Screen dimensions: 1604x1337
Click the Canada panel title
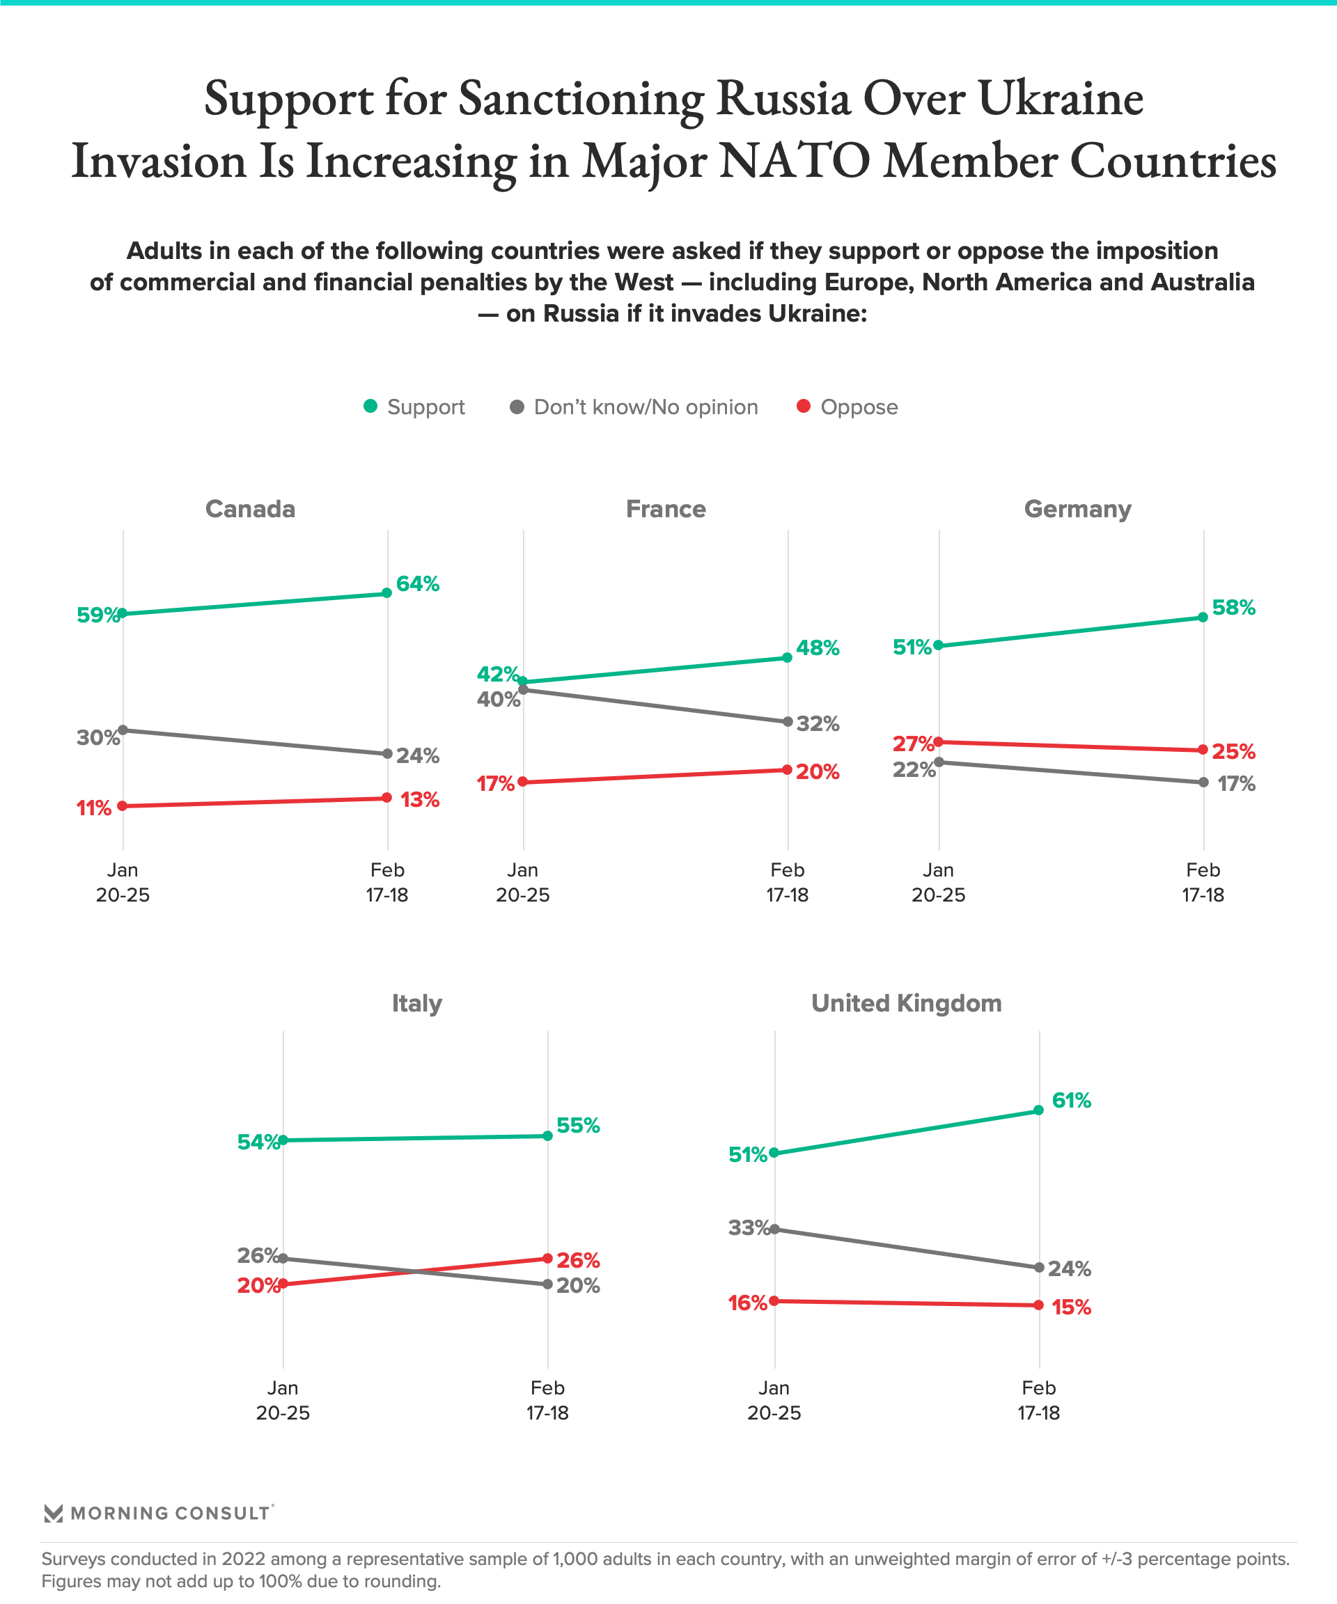pyautogui.click(x=250, y=509)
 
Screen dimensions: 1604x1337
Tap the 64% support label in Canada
pyautogui.click(x=417, y=584)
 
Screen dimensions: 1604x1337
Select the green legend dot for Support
pyautogui.click(x=370, y=407)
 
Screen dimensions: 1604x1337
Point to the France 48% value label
pyautogui.click(x=818, y=648)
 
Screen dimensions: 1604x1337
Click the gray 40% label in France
pyautogui.click(x=498, y=699)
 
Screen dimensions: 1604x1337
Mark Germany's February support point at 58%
pyautogui.click(x=1203, y=617)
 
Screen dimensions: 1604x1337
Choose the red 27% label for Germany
pyautogui.click(x=914, y=744)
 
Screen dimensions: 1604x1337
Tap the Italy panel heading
pyautogui.click(x=416, y=1003)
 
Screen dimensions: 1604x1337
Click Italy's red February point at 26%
pyautogui.click(x=548, y=1258)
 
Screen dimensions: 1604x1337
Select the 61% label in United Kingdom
pyautogui.click(x=1071, y=1101)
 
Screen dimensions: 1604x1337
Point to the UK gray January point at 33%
pyautogui.click(x=775, y=1229)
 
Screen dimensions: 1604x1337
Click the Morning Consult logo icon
pyautogui.click(x=53, y=1513)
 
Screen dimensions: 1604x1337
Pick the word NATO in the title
pyautogui.click(x=795, y=161)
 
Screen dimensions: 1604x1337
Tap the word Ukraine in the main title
pyautogui.click(x=1061, y=99)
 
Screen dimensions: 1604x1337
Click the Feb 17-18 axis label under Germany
pyautogui.click(x=1203, y=882)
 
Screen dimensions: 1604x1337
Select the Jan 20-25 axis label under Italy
pyautogui.click(x=283, y=1400)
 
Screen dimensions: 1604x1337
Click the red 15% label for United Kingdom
pyautogui.click(x=1071, y=1307)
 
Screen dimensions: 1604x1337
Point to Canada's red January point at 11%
pyautogui.click(x=123, y=805)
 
